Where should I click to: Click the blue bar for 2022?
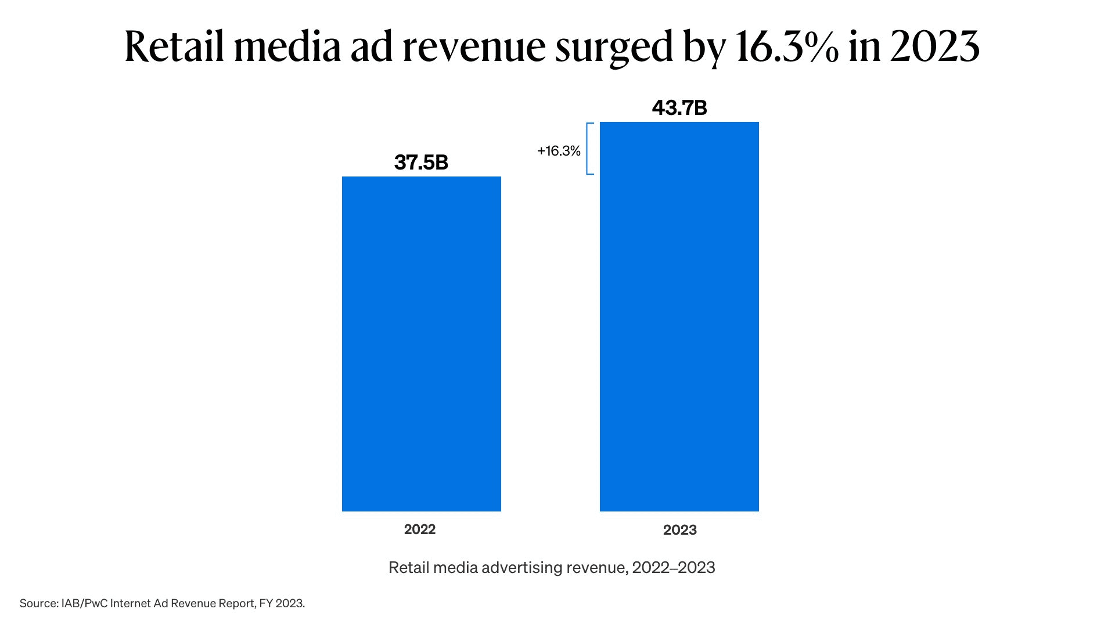[x=421, y=344]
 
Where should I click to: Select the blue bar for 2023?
[x=679, y=316]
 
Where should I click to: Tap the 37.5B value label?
[x=421, y=163]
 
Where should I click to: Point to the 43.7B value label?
[x=679, y=108]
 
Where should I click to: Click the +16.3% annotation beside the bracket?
[x=559, y=151]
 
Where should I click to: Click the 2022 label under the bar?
[x=419, y=529]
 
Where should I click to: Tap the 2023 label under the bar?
[x=679, y=530]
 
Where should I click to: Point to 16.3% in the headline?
[x=786, y=46]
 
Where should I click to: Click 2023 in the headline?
[x=934, y=46]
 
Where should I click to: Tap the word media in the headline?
[x=287, y=46]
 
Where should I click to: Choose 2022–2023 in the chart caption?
[x=674, y=568]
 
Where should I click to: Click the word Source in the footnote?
[x=38, y=604]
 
